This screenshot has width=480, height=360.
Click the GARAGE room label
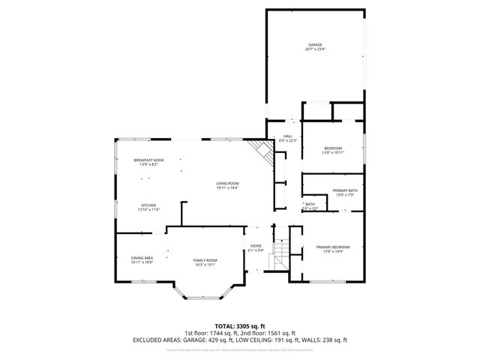pyautogui.click(x=315, y=45)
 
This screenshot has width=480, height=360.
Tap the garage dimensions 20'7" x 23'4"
pyautogui.click(x=315, y=50)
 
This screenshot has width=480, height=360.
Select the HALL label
pyautogui.click(x=288, y=136)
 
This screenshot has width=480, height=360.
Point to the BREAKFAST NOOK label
pyautogui.click(x=148, y=160)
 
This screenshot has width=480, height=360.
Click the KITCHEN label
pyautogui.click(x=148, y=205)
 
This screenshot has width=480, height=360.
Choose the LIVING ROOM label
pyautogui.click(x=227, y=183)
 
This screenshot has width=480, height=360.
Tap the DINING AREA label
pyautogui.click(x=142, y=258)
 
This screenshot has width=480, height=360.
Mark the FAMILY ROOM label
pyautogui.click(x=205, y=259)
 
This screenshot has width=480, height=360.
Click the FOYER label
pyautogui.click(x=256, y=246)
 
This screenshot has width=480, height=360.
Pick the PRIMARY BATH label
pyautogui.click(x=345, y=191)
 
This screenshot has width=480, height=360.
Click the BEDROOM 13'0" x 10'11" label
pyautogui.click(x=332, y=148)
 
